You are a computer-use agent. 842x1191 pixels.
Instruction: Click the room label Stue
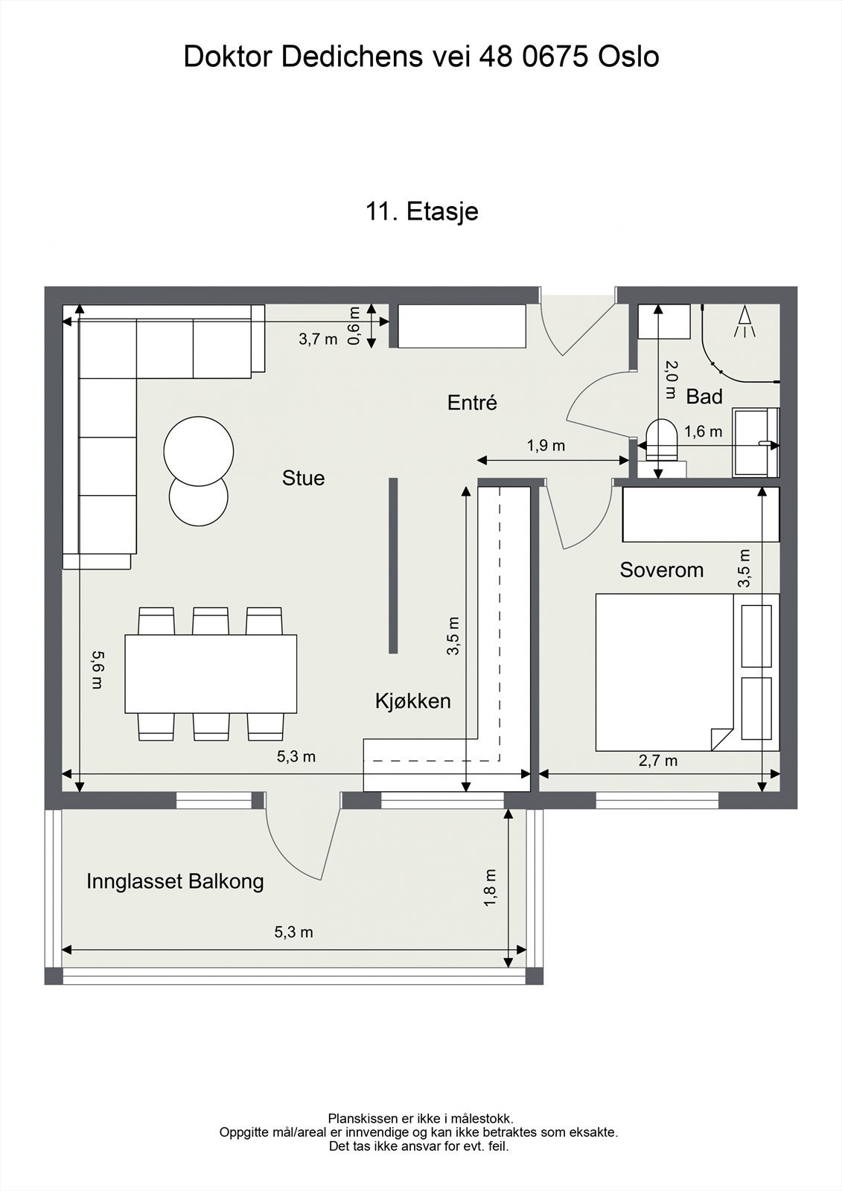[303, 478]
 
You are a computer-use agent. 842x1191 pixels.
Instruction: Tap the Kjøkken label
[412, 702]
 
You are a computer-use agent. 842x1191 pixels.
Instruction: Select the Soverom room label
[661, 570]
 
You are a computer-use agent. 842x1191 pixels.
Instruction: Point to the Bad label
[704, 397]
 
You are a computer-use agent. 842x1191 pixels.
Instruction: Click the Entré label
[472, 403]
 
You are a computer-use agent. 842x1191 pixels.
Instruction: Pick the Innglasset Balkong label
[175, 881]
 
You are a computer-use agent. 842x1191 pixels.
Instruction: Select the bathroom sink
[756, 442]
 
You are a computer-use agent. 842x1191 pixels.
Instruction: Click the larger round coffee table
[198, 451]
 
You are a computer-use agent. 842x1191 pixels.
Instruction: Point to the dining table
[211, 674]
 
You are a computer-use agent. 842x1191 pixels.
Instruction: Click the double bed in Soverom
[687, 672]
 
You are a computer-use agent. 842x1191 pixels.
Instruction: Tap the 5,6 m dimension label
[98, 670]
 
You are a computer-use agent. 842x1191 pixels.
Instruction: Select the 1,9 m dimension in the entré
[546, 446]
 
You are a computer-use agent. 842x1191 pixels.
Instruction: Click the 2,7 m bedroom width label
[658, 761]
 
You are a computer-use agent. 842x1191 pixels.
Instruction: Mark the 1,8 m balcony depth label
[490, 888]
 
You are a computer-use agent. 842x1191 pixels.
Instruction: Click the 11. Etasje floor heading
[422, 211]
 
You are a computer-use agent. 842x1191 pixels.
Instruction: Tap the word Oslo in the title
[628, 57]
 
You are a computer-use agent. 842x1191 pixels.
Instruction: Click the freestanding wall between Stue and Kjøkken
[393, 565]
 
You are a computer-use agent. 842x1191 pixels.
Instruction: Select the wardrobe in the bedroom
[701, 514]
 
